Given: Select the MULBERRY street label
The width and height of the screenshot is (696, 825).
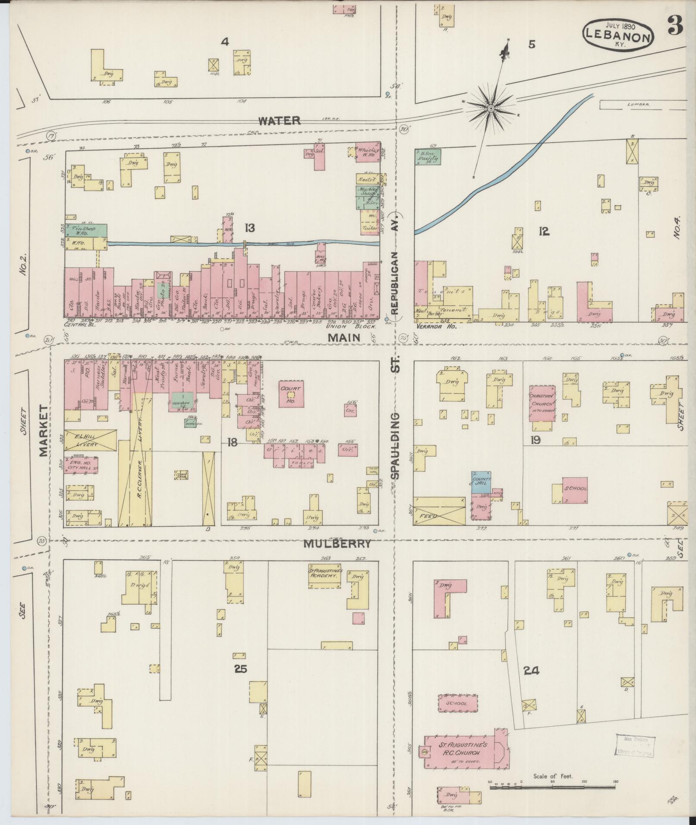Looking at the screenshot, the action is tap(337, 544).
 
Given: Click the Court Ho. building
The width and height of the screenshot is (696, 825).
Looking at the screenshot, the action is tap(290, 393).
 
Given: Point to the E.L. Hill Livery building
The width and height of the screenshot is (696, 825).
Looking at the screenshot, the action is tap(90, 440).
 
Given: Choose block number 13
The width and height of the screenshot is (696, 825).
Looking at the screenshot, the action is tap(250, 228).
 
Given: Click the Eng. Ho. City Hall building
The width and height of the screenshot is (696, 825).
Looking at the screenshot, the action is tap(81, 465).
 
